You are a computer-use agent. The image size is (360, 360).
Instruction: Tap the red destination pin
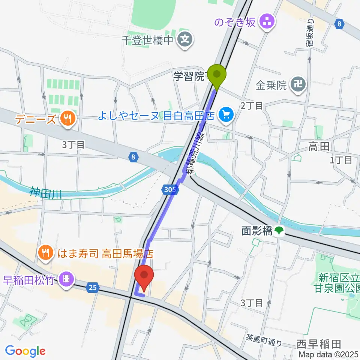[x=144, y=276]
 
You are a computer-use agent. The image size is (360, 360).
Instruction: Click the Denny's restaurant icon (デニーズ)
[x=67, y=120]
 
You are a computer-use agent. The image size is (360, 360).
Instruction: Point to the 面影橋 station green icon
[x=278, y=231]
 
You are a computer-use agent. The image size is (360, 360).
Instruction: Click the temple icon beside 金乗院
[x=300, y=85]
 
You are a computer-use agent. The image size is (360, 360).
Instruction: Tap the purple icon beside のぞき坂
[x=268, y=21]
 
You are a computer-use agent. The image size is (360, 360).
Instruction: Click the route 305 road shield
[x=169, y=190]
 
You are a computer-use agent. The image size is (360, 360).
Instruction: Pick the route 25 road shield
[x=92, y=288]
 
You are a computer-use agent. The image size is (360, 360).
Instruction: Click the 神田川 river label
[x=46, y=193]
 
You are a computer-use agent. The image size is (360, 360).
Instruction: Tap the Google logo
[x=25, y=351]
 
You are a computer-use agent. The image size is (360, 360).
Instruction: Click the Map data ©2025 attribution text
[x=328, y=354]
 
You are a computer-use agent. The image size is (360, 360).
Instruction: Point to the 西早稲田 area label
[x=318, y=343]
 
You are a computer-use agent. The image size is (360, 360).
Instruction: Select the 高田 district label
[x=319, y=146]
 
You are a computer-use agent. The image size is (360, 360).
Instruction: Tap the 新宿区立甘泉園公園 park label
[x=339, y=283]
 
